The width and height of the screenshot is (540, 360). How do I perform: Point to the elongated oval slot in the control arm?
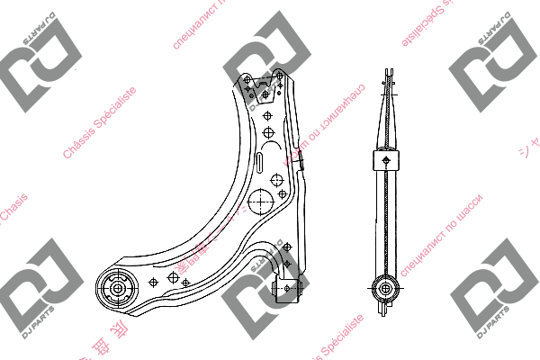click(x=257, y=166)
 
